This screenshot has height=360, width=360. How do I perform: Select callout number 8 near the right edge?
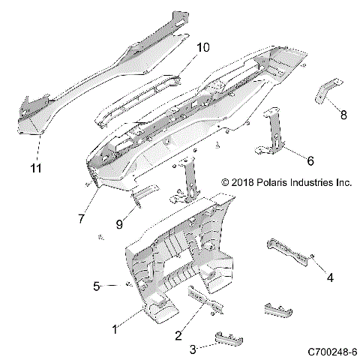click(x=343, y=115)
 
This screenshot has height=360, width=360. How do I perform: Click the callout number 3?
click(x=192, y=349)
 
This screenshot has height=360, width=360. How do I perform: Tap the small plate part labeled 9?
click(x=142, y=194)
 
